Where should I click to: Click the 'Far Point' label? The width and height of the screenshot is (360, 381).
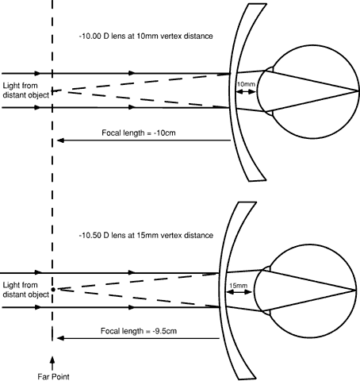pos(53,376)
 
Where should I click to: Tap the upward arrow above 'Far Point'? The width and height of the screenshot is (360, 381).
pos(52,364)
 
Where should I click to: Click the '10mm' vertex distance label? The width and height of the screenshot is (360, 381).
pos(246,84)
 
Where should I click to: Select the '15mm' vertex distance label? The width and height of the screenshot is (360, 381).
pos(239,286)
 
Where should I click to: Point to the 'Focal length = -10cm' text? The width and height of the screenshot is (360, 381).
pos(139,133)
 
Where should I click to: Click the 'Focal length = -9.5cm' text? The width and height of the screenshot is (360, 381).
pos(139,331)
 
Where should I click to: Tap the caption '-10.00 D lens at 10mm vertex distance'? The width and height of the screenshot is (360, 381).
pos(146,36)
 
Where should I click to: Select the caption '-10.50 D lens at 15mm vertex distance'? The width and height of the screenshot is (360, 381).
pos(146,235)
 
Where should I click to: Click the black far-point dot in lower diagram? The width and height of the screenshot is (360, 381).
pos(53,290)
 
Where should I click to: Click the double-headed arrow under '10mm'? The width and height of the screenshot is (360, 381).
pos(246,92)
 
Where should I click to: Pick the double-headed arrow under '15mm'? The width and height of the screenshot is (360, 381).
pos(239,292)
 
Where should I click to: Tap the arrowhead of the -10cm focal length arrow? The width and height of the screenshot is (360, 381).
pos(60,140)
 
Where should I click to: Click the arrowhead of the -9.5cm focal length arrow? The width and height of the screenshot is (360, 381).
pos(60,338)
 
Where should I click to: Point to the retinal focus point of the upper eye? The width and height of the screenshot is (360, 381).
pos(358,91)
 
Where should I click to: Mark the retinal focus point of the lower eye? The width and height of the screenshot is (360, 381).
pos(355,291)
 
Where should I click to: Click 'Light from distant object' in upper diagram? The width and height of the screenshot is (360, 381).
pos(26,90)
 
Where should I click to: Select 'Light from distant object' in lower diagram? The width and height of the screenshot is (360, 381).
pos(26,290)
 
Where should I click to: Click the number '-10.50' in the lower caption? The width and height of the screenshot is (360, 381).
pos(90,235)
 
